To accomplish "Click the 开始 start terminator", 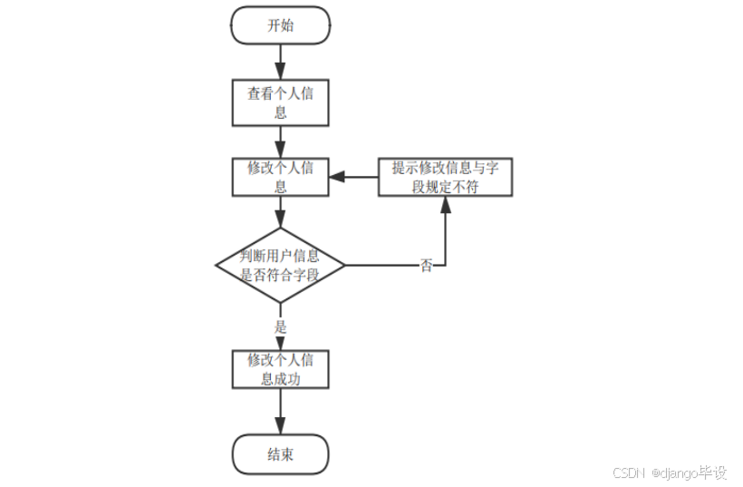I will (280, 25).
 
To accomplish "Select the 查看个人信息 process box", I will (280, 103).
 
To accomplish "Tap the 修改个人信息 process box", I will (280, 177).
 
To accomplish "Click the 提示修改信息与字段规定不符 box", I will (445, 177).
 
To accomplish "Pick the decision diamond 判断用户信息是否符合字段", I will (280, 266).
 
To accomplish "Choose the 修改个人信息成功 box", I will (280, 369).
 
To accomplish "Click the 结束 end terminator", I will (280, 454).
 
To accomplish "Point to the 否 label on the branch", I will (426, 266).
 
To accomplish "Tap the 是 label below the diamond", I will (280, 326).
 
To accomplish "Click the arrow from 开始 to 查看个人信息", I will (280, 62).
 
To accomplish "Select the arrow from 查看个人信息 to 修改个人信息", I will (280, 141).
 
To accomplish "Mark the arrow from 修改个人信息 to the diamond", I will (280, 212).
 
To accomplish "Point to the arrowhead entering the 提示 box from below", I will (445, 203).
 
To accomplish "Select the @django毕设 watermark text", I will (688, 473).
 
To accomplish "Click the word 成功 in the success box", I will (289, 379).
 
